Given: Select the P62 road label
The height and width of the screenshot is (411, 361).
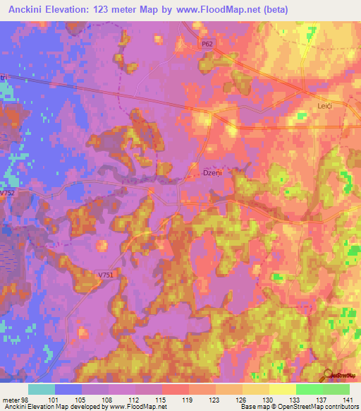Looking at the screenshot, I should click(207, 44).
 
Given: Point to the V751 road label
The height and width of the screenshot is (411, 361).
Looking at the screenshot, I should click(106, 275).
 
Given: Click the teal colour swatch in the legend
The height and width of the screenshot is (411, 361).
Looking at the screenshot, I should click(42, 389).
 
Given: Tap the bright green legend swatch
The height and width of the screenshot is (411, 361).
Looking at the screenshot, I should click(310, 389).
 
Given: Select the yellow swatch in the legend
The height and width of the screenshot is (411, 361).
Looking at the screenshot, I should click(283, 389).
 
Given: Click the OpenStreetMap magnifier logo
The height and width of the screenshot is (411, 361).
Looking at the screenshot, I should click(327, 375).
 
